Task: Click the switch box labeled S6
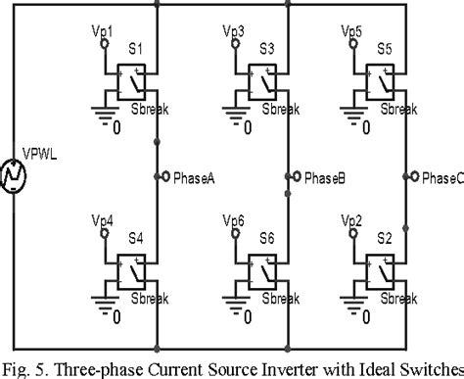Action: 262,270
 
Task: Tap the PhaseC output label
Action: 441,177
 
